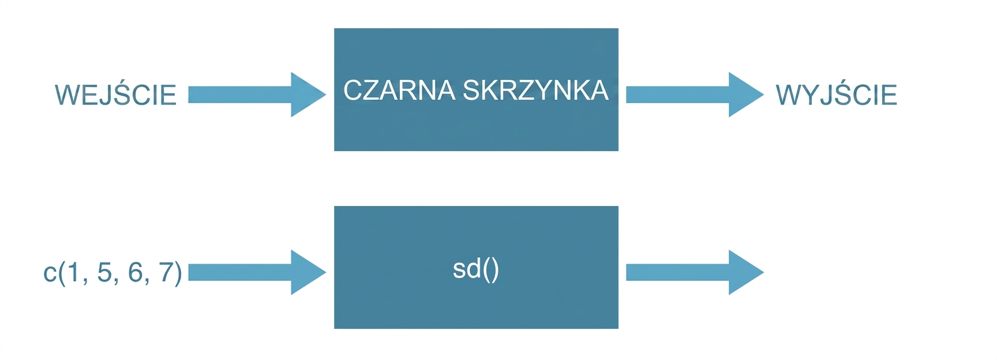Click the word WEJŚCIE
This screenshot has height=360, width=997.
[x=115, y=94]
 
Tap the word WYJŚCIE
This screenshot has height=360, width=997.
[x=837, y=94]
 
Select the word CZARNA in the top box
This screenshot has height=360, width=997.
[x=399, y=91]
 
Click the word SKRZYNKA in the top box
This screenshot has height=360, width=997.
[x=535, y=91]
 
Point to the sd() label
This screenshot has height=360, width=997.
[x=476, y=269]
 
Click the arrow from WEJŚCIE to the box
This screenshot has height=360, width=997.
[x=257, y=95]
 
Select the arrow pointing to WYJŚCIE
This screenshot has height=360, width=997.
[x=695, y=95]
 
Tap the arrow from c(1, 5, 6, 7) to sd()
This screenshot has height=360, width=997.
[x=257, y=272]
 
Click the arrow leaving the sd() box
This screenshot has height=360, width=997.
[x=695, y=272]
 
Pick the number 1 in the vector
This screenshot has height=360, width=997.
[x=73, y=272]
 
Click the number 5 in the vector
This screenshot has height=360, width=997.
[x=104, y=272]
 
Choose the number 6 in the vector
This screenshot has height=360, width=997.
[x=136, y=272]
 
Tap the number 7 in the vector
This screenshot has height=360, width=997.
[x=166, y=272]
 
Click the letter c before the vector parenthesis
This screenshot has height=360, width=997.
[x=50, y=273]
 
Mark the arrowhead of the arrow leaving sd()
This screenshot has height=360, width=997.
[x=745, y=272]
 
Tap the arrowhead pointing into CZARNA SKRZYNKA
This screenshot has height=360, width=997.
[x=308, y=95]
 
